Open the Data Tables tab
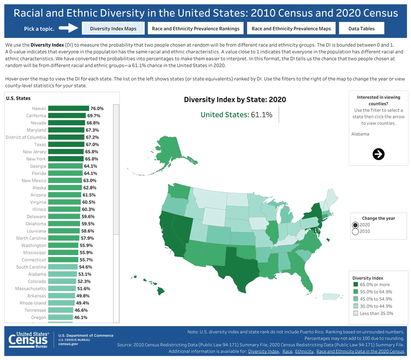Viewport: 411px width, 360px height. [361, 29]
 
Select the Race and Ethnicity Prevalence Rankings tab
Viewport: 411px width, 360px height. [196, 29]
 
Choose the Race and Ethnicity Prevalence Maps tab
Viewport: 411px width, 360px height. [291, 29]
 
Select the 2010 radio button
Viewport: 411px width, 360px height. [356, 232]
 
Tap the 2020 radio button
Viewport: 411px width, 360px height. [356, 225]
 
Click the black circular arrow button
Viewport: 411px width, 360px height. [379, 154]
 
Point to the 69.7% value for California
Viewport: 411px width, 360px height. [93, 116]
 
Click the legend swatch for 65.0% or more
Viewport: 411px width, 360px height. [355, 283]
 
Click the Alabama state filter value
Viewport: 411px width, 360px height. [360, 134]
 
